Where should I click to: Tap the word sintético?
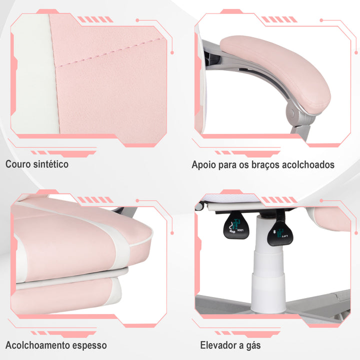51,164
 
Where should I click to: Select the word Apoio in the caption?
203,164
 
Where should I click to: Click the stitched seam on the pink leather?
110,55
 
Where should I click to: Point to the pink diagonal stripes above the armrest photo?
272,19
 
